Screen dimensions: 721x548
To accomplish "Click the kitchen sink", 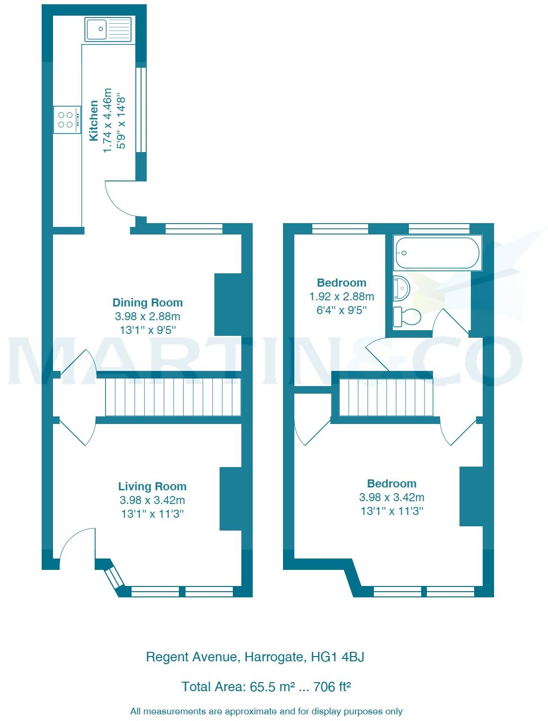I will [x=108, y=29].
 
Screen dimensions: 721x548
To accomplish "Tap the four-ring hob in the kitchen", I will [x=67, y=120].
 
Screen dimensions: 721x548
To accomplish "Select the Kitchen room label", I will [x=94, y=120].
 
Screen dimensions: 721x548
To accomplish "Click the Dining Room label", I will [x=147, y=303].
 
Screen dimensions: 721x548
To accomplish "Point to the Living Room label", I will [x=152, y=487].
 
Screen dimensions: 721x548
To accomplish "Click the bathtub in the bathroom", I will [x=437, y=253].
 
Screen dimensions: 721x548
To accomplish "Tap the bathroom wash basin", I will [x=401, y=288].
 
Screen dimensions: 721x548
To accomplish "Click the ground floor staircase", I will [x=173, y=397].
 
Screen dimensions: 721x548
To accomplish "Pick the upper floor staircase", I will [x=386, y=397].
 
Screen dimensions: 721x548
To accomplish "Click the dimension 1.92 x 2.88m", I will [x=341, y=297].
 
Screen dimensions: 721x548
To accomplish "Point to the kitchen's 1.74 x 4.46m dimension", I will [x=107, y=120].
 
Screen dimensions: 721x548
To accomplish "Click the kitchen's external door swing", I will [x=121, y=199].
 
